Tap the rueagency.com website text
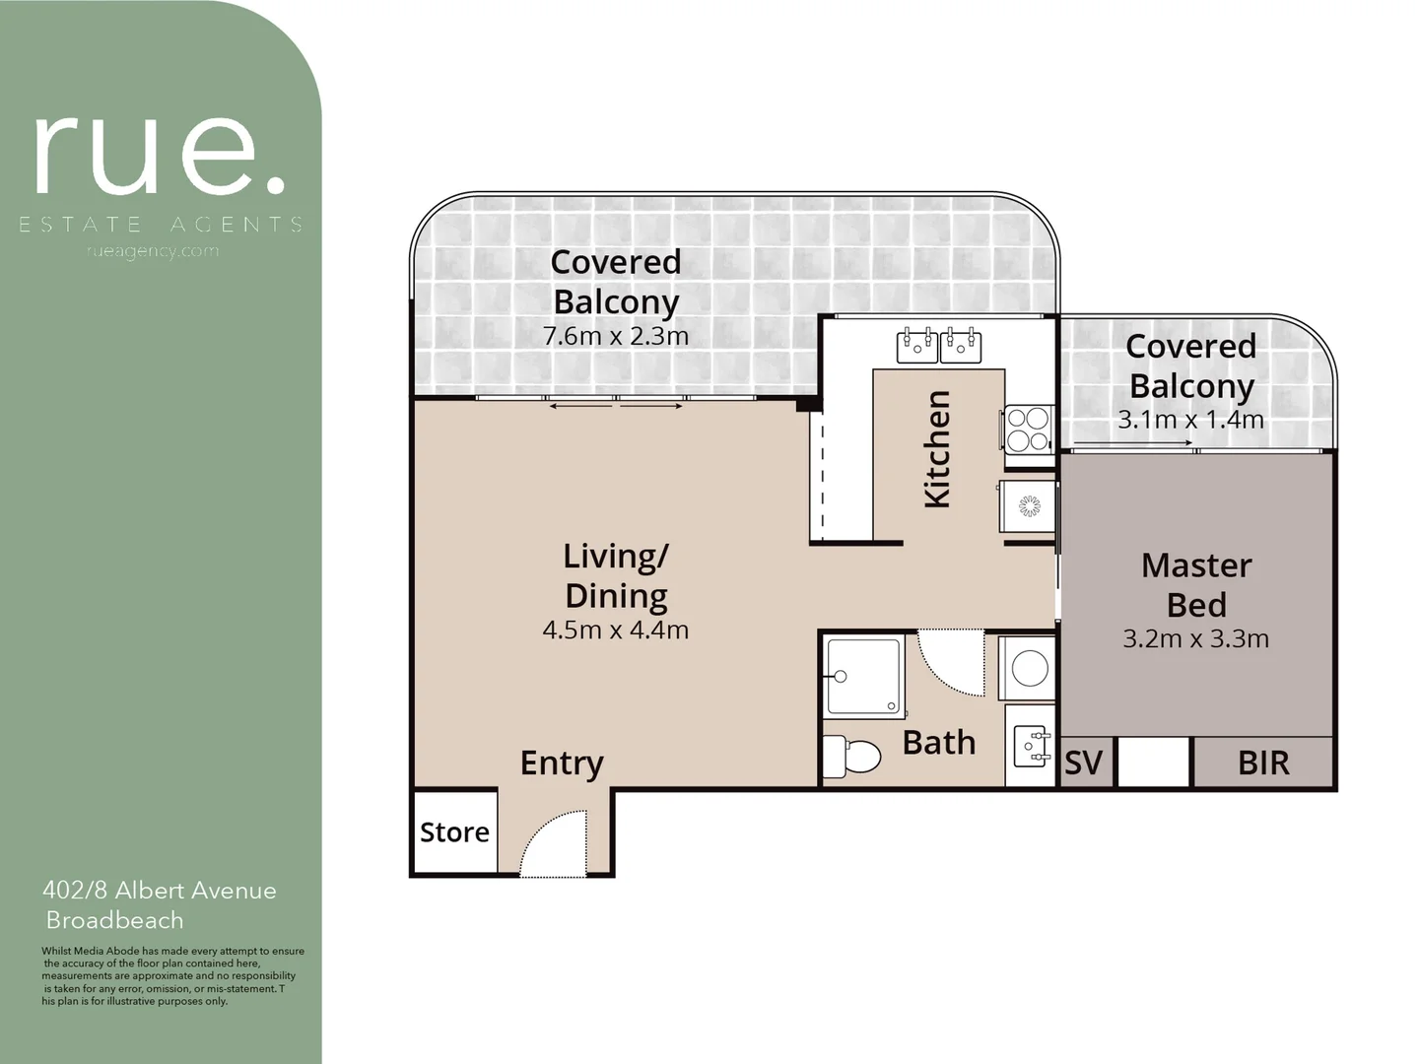tap(153, 251)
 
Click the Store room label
tap(454, 832)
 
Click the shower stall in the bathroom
tap(864, 676)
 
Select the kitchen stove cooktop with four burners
tap(1028, 430)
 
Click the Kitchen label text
tap(937, 449)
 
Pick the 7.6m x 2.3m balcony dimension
tap(616, 336)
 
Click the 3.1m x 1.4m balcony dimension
tap(1190, 420)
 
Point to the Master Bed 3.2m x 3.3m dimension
tap(1195, 639)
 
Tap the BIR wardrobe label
tap(1262, 764)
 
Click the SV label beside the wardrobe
tap(1084, 764)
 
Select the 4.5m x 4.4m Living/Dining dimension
tap(616, 631)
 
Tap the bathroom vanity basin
tap(1031, 745)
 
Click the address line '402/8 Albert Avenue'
tap(160, 891)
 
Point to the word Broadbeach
tap(115, 921)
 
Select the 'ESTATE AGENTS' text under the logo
tap(161, 226)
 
